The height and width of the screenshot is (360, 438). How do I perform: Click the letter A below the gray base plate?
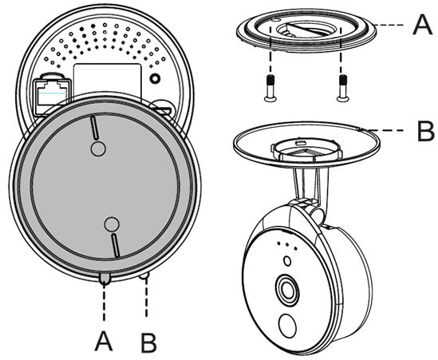[104, 341]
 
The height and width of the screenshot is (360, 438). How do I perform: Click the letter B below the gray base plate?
[148, 342]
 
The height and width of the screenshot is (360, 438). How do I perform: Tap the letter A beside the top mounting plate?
[422, 25]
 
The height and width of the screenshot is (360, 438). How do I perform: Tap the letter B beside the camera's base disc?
[425, 131]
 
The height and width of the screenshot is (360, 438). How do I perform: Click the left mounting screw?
[270, 89]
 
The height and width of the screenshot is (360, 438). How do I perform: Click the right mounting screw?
[342, 89]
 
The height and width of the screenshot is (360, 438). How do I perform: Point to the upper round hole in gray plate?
[98, 148]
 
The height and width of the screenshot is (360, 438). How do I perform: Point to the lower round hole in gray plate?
[112, 224]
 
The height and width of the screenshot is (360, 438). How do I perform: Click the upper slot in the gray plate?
[94, 128]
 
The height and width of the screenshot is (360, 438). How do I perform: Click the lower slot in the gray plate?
[116, 245]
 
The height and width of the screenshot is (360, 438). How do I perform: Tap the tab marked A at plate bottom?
[104, 279]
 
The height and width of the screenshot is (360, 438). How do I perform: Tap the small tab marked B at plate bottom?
[144, 275]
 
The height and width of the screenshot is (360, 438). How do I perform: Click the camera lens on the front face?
[287, 290]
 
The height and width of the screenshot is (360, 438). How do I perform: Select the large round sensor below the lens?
[287, 326]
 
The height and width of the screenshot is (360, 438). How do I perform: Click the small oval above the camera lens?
[287, 261]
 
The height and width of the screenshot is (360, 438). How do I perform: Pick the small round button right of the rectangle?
[155, 78]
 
